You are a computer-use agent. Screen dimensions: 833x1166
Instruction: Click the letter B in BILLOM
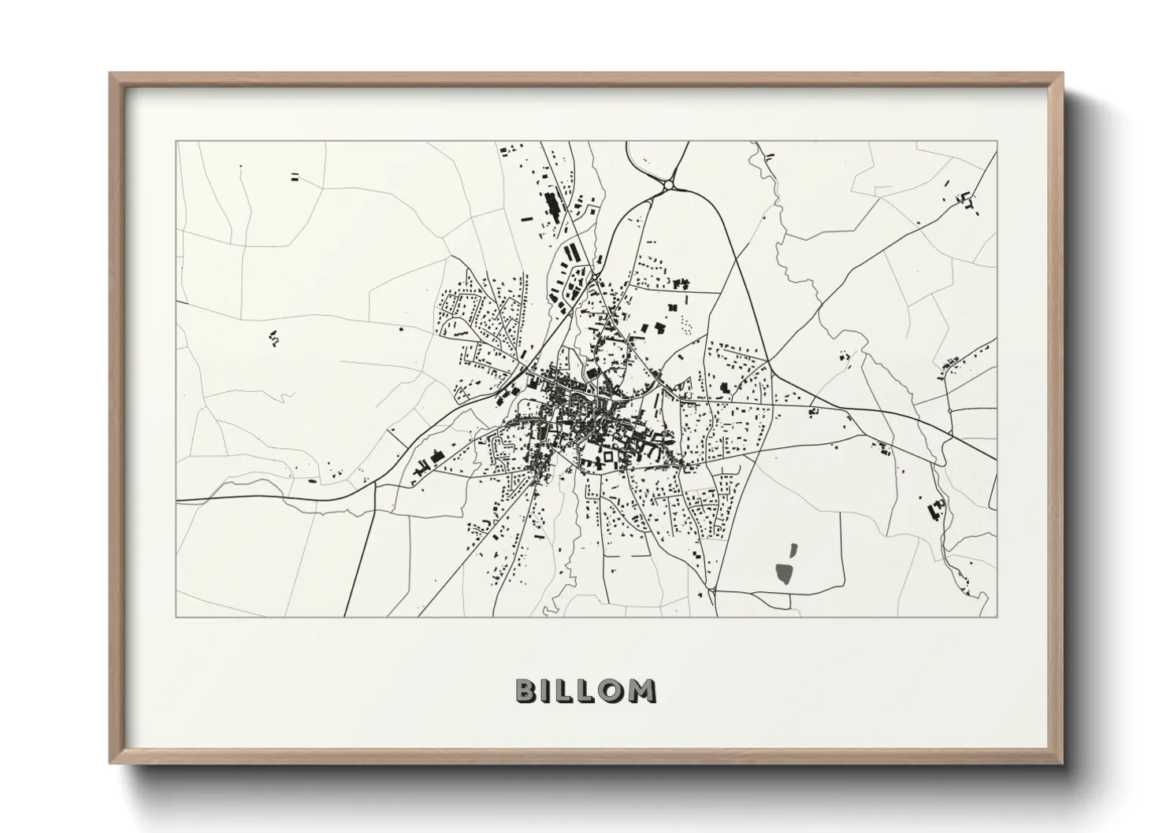tap(526, 690)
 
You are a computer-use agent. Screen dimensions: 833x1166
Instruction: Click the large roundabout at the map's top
tap(668, 185)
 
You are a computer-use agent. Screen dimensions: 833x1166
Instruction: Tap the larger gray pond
tap(785, 572)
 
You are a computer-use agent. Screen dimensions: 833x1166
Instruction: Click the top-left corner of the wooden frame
tap(111, 74)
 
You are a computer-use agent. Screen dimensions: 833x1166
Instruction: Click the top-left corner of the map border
tap(176, 142)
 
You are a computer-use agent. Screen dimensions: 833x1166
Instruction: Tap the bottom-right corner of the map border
tap(997, 616)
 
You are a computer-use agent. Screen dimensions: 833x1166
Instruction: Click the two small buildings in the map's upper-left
tap(295, 176)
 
